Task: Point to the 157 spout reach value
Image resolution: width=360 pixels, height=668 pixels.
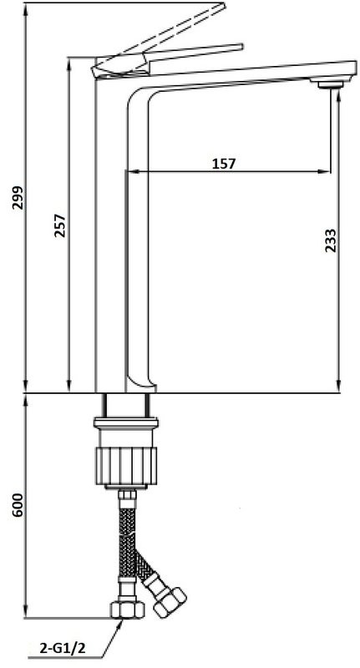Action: pos(223,163)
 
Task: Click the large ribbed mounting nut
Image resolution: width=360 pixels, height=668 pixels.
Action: pos(126,466)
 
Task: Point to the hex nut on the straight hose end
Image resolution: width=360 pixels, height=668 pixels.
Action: pos(126,608)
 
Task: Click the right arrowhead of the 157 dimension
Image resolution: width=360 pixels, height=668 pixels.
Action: pos(324,173)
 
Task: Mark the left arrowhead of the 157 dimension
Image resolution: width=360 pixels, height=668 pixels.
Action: pos(131,173)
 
